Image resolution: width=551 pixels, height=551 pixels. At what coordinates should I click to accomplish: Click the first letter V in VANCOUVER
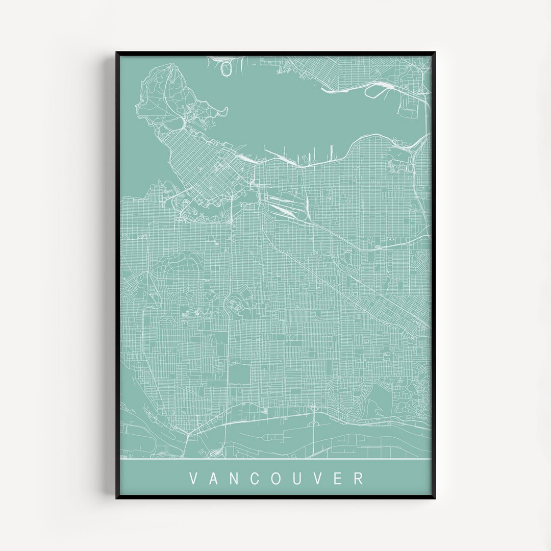coord(193,479)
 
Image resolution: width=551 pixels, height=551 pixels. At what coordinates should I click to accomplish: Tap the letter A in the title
coord(214,479)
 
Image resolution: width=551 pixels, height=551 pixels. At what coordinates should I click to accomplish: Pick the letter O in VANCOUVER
coord(279,479)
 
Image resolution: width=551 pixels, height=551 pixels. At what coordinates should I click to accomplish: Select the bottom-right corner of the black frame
coord(434,498)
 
